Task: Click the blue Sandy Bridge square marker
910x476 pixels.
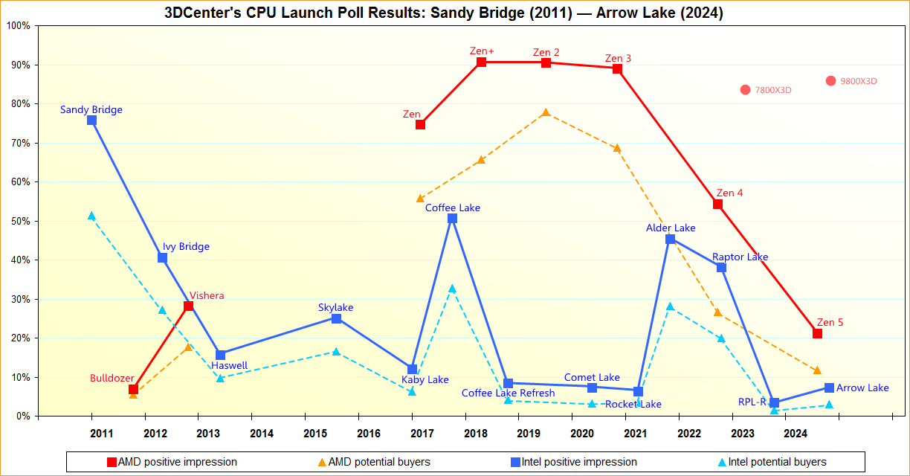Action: click(x=91, y=120)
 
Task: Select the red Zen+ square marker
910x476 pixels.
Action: click(x=481, y=62)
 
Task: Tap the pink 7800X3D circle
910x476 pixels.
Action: click(x=745, y=90)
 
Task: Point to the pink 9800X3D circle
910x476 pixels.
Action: click(x=830, y=81)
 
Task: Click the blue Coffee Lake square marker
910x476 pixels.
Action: click(x=452, y=219)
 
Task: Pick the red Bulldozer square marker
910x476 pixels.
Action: click(x=133, y=390)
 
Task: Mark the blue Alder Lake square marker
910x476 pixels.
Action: click(x=670, y=239)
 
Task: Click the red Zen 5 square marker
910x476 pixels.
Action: click(x=817, y=333)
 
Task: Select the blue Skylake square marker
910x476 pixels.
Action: click(x=336, y=318)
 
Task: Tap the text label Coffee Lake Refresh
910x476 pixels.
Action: click(x=508, y=393)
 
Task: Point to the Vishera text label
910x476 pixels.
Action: click(x=207, y=295)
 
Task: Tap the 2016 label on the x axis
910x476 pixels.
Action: click(x=369, y=433)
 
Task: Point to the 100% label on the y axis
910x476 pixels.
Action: click(x=18, y=26)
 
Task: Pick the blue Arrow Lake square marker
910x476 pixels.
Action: click(x=829, y=387)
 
